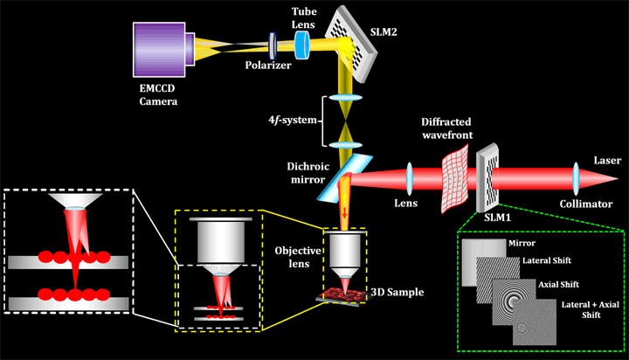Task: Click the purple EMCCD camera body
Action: pos(159,49)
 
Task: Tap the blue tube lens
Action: pos(302,45)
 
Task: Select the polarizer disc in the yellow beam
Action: pos(273,45)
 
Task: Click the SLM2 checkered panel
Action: pos(351,44)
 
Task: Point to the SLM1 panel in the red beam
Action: pos(487,177)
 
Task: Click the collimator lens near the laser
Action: pos(576,178)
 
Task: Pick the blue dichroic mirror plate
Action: pos(344,177)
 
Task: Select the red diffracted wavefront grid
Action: pos(455,178)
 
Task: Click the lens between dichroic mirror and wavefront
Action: pos(409,178)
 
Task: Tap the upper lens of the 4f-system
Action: pos(345,98)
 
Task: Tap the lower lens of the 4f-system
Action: pos(345,145)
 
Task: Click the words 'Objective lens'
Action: pos(298,257)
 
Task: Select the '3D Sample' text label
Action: pos(397,292)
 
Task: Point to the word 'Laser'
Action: pos(607,161)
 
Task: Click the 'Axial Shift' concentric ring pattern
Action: pos(514,301)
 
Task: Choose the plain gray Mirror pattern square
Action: pos(484,262)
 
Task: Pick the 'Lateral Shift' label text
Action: pos(546,260)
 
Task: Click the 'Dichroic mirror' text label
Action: pos(308,173)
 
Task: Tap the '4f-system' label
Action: pos(293,120)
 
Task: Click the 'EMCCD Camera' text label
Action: pos(158,94)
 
